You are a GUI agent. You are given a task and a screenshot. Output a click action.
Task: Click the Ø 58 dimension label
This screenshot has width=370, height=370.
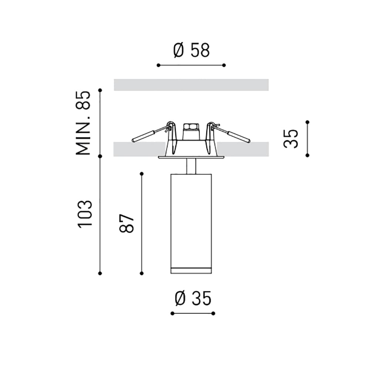191,50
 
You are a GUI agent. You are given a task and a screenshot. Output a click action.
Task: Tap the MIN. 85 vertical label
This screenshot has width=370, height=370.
83,123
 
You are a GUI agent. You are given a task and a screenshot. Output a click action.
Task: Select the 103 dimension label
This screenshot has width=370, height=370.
85,214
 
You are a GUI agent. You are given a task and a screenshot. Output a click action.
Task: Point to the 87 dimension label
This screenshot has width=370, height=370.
127,223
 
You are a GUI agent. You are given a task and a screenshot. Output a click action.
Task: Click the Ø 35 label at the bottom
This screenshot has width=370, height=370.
193,299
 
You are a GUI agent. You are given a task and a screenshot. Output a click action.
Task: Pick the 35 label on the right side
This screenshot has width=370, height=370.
291,139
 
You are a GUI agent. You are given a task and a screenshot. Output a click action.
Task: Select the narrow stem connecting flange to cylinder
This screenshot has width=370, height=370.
191,166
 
